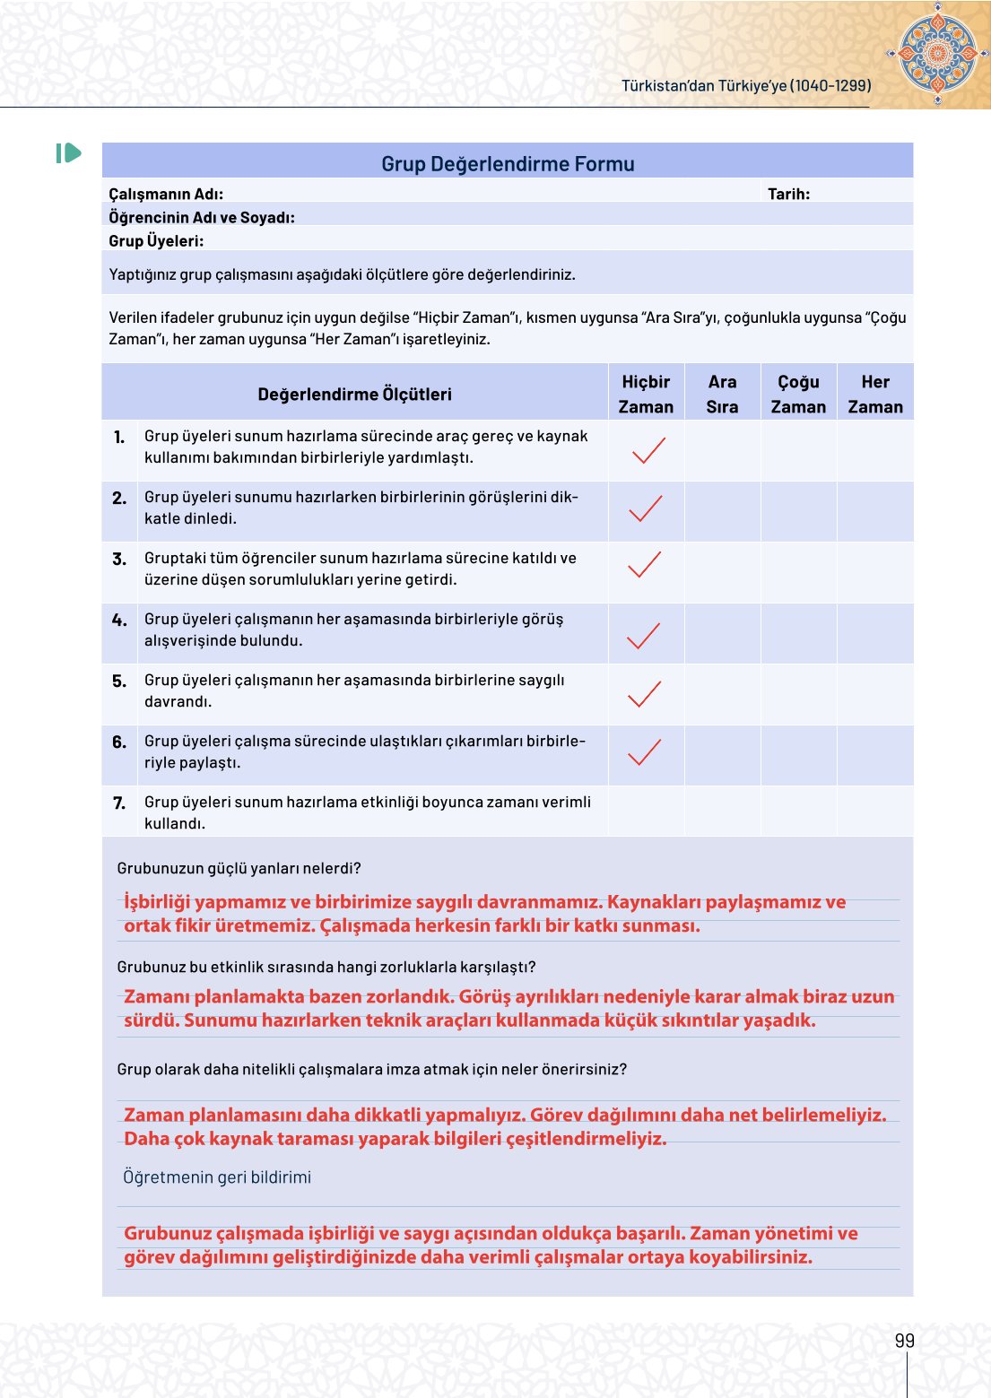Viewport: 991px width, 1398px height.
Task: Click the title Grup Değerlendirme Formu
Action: tap(508, 164)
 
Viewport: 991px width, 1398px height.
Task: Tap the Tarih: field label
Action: tap(788, 194)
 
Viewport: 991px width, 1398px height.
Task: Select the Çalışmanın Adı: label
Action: tap(166, 194)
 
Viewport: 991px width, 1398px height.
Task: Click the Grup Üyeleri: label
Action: tap(156, 240)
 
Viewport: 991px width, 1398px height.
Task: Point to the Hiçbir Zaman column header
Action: tap(646, 394)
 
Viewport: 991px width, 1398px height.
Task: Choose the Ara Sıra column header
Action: tap(722, 394)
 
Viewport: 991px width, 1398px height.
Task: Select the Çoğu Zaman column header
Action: tap(798, 394)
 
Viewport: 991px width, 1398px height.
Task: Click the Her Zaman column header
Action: tap(875, 394)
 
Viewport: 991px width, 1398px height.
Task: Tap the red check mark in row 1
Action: tap(648, 450)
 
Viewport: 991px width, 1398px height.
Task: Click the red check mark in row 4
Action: tap(643, 635)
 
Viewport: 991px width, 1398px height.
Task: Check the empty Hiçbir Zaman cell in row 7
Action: tap(646, 812)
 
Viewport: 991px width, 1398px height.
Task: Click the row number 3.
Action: tap(119, 559)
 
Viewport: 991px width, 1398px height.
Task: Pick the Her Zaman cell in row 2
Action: tap(875, 511)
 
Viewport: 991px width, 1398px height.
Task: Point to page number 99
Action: tap(904, 1341)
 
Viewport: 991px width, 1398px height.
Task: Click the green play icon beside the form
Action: tap(68, 153)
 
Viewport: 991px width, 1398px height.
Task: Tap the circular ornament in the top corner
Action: tap(937, 53)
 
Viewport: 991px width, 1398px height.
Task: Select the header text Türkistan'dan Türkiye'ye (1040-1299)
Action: tap(746, 85)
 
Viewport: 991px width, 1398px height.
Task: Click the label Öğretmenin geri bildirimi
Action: tap(217, 1177)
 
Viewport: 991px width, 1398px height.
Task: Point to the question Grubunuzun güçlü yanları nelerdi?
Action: tap(239, 868)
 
